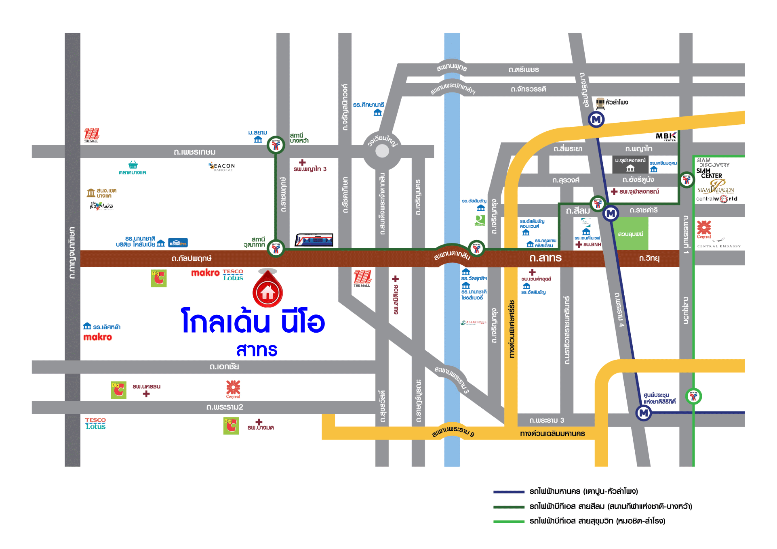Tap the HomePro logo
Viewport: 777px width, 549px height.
178,243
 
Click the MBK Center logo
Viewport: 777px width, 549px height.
665,137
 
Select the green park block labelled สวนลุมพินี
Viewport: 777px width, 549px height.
631,234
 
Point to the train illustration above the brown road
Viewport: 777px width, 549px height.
314,240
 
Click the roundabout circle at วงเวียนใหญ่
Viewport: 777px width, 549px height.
382,151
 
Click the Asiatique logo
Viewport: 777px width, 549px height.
474,323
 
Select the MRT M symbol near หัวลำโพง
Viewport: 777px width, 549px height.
596,119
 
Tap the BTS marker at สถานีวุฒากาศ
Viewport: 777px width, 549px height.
276,248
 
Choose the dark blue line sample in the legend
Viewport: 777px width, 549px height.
509,492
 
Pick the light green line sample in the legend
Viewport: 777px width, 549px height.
509,522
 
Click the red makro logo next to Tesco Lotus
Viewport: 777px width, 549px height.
205,273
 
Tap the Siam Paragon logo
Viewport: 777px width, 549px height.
716,188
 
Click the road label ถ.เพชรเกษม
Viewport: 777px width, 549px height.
194,152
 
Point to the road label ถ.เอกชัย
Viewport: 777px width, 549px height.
224,367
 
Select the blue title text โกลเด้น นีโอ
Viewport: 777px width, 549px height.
253,322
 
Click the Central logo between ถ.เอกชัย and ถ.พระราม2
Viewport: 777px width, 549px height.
233,389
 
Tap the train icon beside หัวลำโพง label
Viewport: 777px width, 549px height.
600,103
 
